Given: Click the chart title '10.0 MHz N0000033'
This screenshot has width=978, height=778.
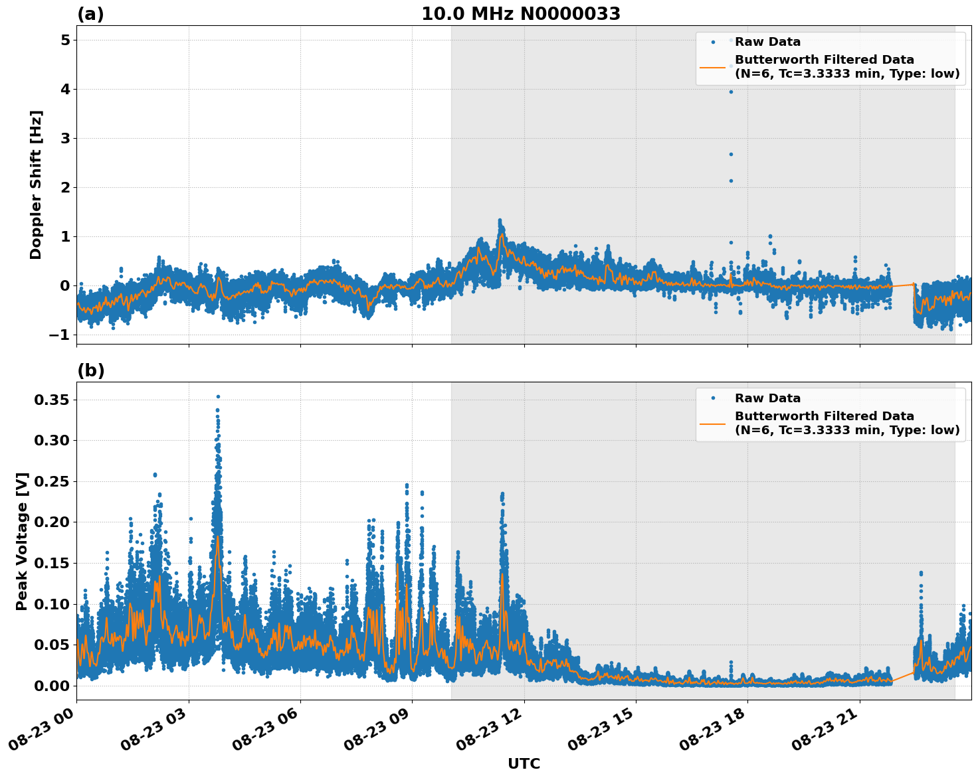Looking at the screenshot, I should pos(521,14).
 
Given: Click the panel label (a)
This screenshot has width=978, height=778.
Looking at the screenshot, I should pos(90,14).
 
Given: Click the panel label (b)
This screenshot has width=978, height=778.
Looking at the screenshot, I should pos(91,370).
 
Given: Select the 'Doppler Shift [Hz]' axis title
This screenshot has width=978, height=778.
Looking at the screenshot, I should pos(36,185).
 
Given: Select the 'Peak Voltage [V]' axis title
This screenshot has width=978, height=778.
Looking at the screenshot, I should pos(22,541).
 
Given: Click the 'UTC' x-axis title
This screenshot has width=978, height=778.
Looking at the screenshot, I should pos(524,763).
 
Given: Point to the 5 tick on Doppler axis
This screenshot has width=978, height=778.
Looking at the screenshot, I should pos(65,40).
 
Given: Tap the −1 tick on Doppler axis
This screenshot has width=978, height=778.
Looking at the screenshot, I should pos(59,335).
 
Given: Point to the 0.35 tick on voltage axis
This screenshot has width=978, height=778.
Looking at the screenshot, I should pos(52,400).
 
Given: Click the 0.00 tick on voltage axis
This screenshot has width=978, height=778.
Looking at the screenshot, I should pos(52,686).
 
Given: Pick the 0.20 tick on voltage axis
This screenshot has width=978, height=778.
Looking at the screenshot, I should pos(52,522).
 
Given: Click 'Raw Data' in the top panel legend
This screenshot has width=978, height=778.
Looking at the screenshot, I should pos(767,42).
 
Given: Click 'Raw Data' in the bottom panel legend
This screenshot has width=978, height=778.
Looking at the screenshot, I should pos(767,398).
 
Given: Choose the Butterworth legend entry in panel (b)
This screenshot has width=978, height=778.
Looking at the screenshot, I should pos(846,423).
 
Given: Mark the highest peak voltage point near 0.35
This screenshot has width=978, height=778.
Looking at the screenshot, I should pos(218,396).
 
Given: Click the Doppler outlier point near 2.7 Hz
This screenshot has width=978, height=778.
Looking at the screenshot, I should pos(731,154).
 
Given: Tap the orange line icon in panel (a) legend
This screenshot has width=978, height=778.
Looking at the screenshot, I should pos(713,67).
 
